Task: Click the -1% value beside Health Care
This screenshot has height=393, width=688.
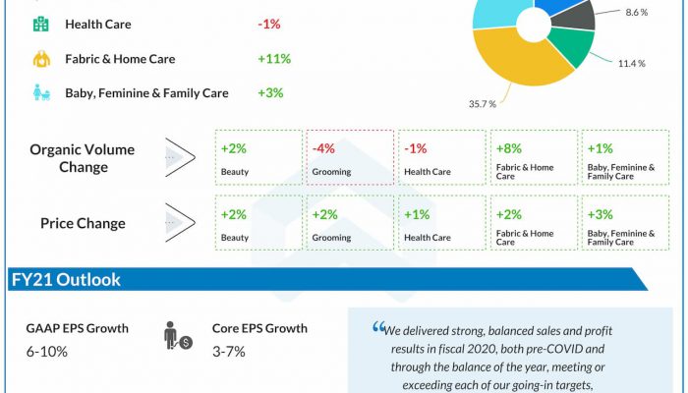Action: tap(270, 24)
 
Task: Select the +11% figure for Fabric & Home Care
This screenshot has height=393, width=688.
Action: tap(273, 59)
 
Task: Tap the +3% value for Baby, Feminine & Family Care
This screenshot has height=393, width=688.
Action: tap(270, 93)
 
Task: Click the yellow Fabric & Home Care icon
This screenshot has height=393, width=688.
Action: tap(43, 59)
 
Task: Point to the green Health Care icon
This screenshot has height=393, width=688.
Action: tap(43, 24)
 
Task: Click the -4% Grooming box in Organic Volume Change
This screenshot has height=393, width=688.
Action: tap(350, 157)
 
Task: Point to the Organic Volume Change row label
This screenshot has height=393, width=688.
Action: tap(83, 157)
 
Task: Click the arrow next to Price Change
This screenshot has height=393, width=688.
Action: tap(180, 223)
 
